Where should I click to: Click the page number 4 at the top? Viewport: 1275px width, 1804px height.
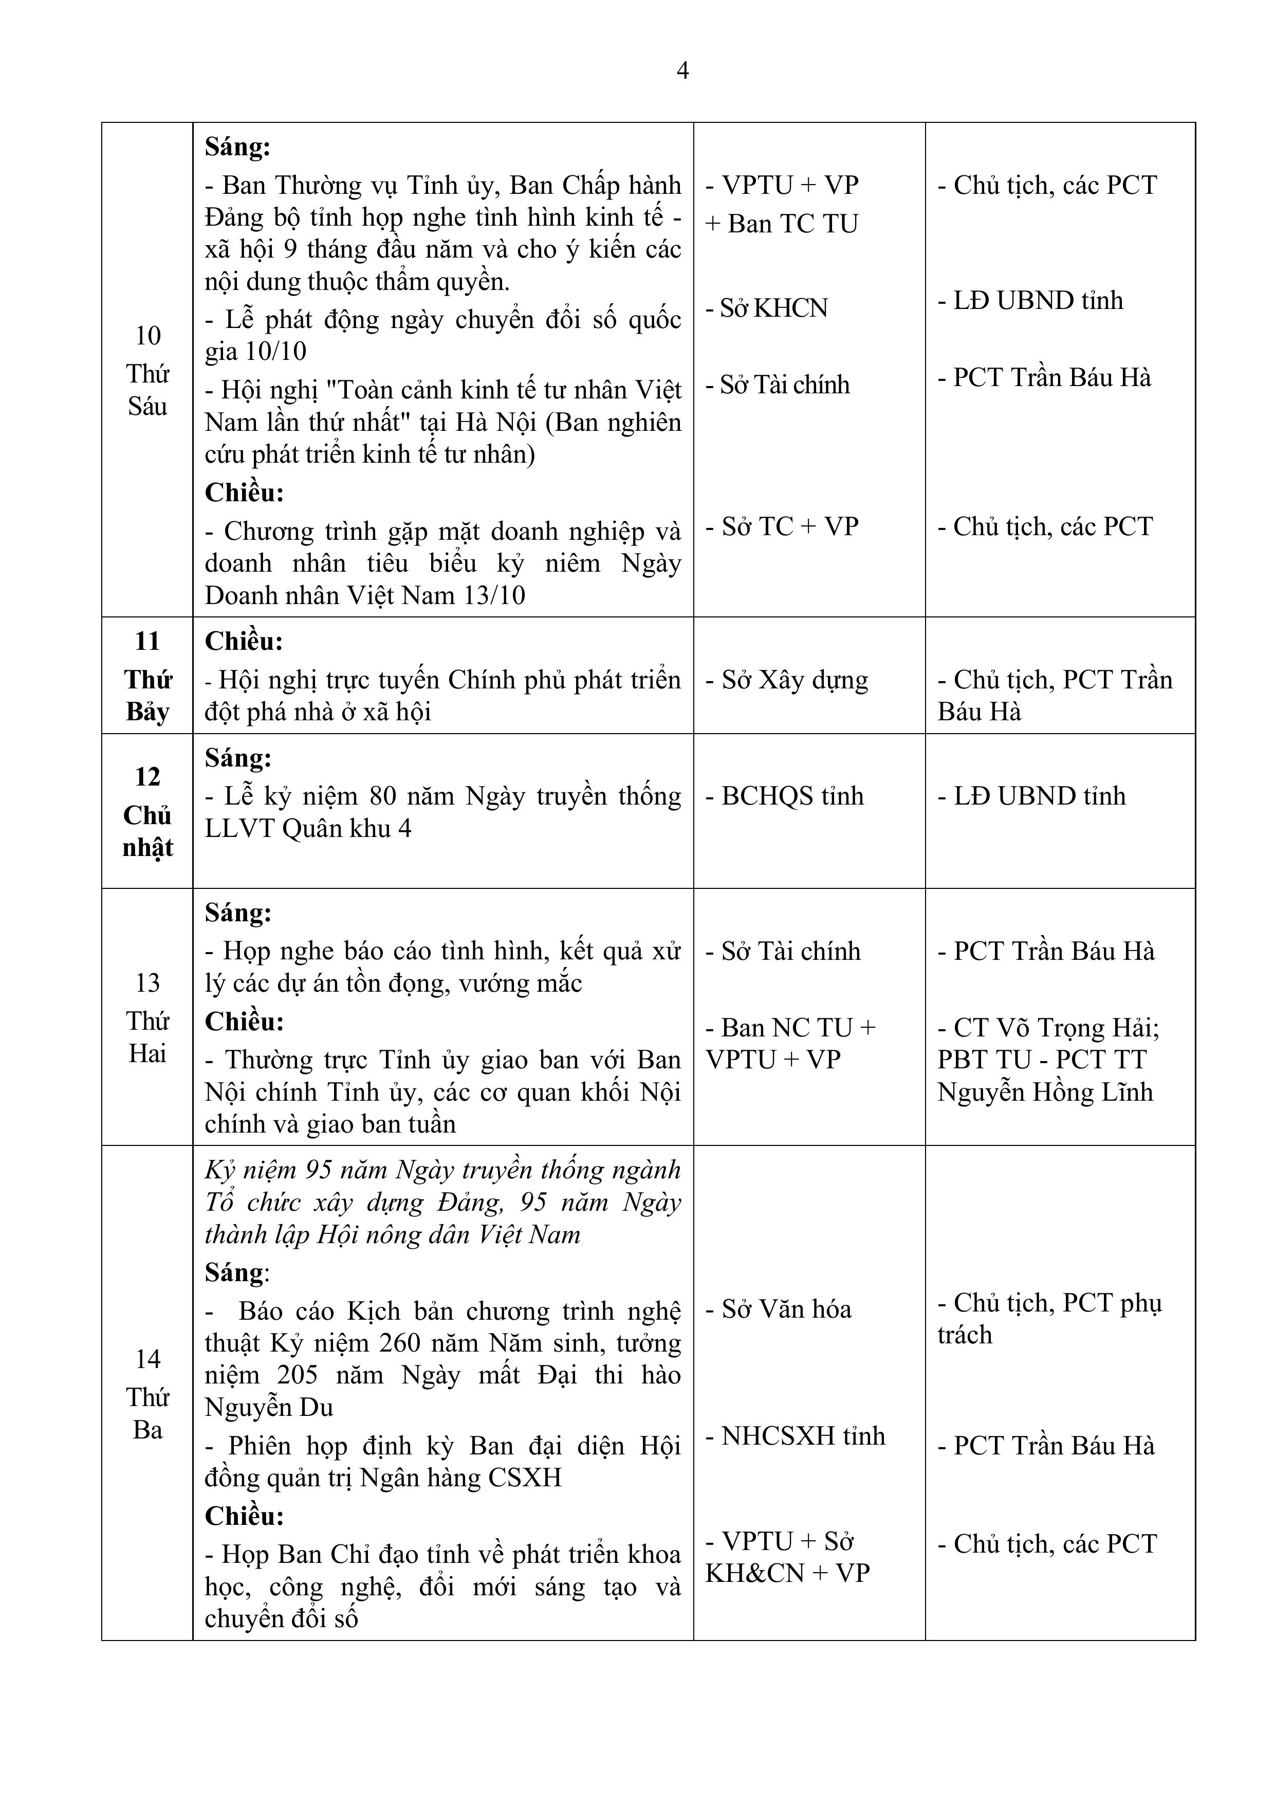tap(682, 71)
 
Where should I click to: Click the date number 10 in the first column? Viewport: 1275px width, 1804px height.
tap(147, 336)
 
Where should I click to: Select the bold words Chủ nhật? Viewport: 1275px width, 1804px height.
tap(147, 832)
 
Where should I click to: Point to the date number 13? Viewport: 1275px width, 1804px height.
tap(147, 983)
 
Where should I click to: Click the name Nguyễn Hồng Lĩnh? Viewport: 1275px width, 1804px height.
tap(1045, 1092)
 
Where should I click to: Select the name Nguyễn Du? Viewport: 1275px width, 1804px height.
tap(269, 1407)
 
